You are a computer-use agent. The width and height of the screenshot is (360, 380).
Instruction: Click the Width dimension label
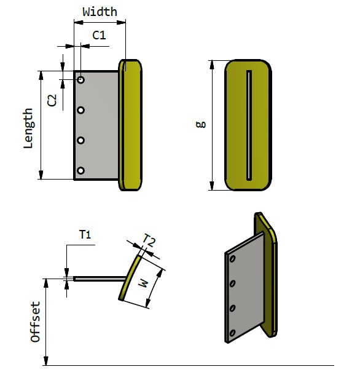click(100, 12)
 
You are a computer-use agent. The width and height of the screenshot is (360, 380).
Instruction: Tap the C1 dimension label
click(99, 36)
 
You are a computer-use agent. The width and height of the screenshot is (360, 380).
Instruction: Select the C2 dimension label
click(52, 100)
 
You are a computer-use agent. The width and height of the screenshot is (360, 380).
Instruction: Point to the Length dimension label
click(29, 128)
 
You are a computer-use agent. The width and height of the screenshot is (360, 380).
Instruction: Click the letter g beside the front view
click(201, 124)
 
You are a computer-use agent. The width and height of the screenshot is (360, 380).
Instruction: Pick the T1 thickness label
click(85, 235)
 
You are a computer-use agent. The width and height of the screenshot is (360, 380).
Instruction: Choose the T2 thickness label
click(149, 240)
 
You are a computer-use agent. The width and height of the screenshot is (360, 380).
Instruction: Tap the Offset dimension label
click(36, 322)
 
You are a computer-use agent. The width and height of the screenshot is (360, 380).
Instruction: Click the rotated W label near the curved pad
click(143, 283)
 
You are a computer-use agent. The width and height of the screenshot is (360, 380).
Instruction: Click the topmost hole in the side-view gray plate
click(81, 80)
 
